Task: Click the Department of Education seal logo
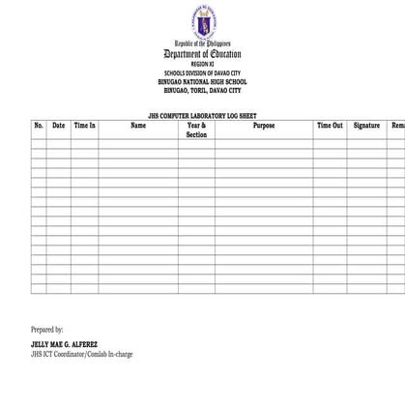point(202,21)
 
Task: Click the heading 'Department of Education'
point(202,54)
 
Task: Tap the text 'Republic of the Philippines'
point(202,44)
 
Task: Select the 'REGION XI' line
point(202,64)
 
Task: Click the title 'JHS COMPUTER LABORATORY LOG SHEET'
point(202,114)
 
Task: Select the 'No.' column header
point(39,126)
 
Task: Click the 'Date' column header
point(58,126)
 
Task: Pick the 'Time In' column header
point(84,126)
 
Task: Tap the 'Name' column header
point(138,126)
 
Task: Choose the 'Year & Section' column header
point(196,130)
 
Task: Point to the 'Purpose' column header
point(264,126)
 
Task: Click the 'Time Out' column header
point(330,126)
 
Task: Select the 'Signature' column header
point(366,126)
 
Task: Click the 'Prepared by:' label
point(47,330)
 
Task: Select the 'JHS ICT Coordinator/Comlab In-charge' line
point(81,354)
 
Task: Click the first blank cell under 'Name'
point(138,145)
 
